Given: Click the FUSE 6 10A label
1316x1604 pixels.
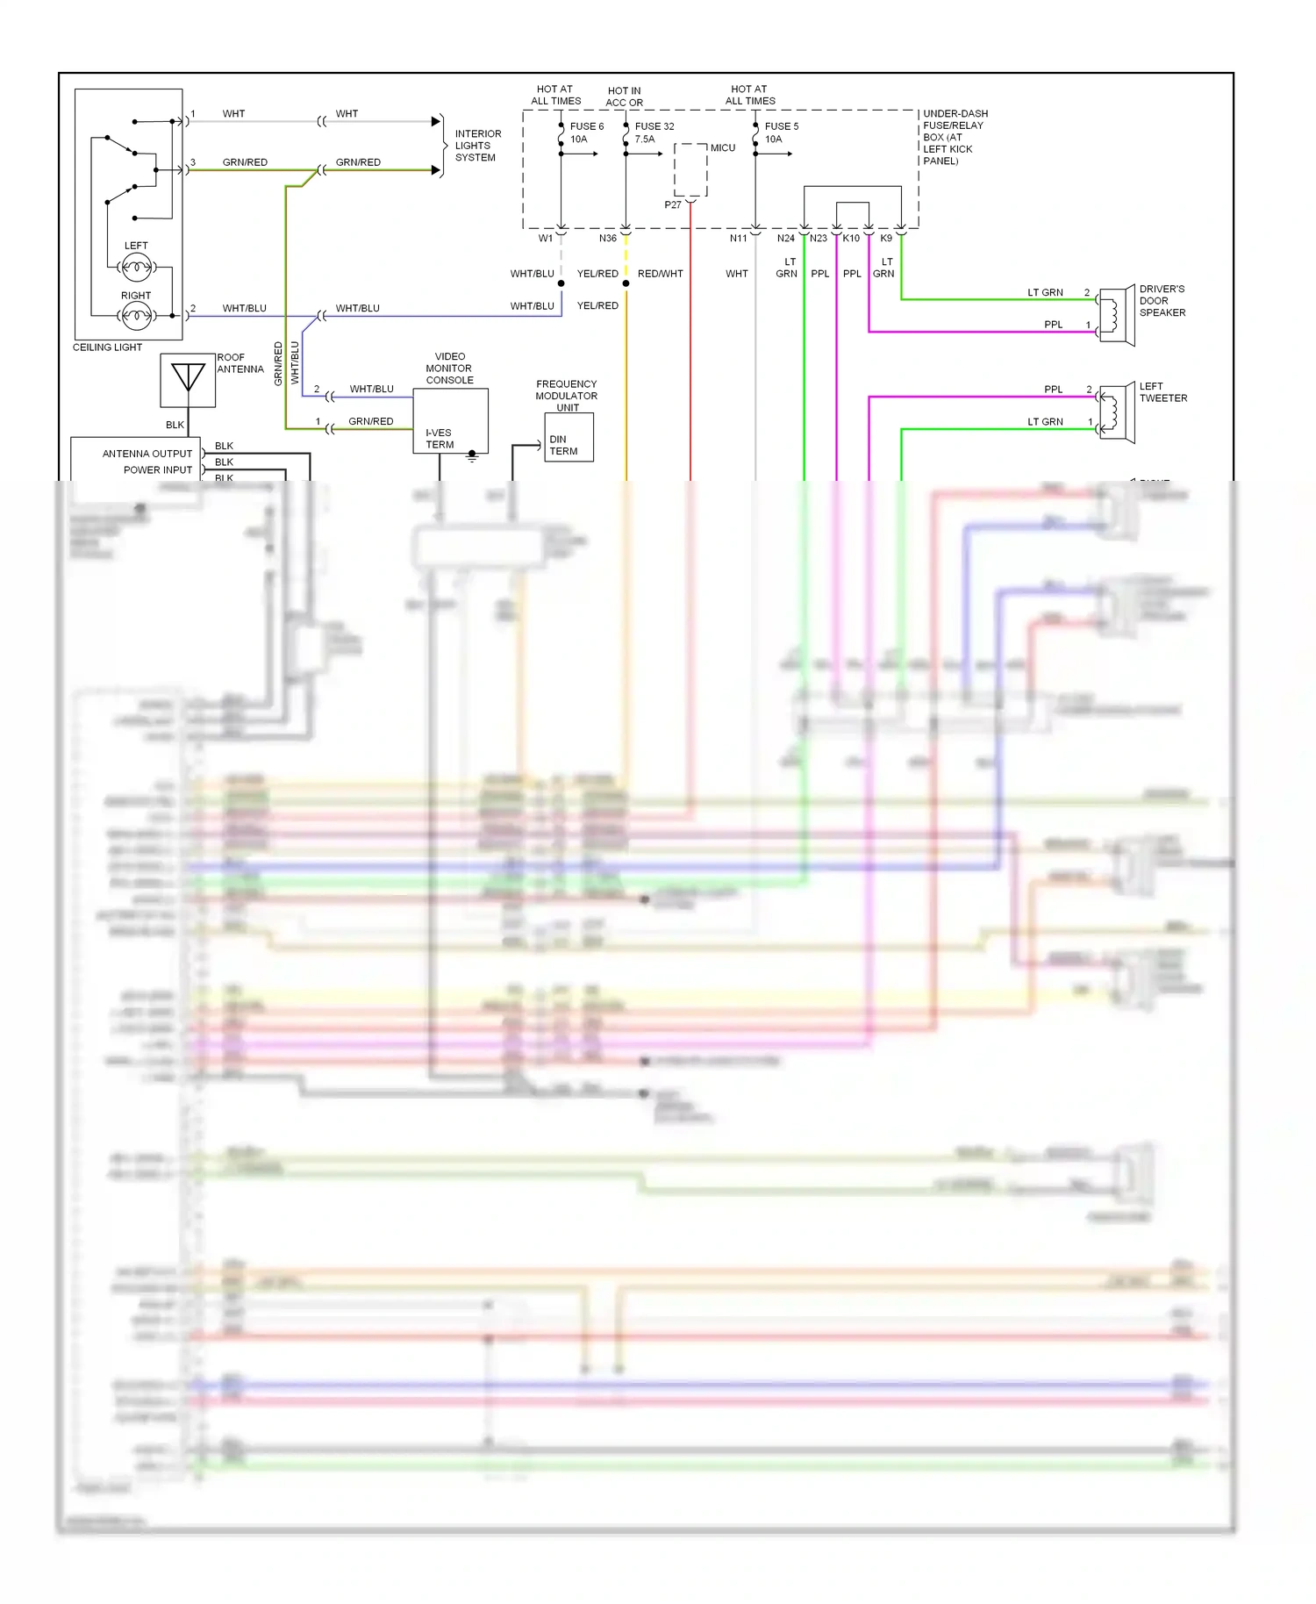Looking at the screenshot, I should [586, 132].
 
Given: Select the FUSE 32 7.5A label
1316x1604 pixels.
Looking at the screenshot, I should [654, 132].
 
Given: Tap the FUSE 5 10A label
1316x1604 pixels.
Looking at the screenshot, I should [781, 132].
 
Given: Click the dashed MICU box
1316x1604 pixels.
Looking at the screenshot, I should [690, 170].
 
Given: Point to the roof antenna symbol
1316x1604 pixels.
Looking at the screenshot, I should [188, 380].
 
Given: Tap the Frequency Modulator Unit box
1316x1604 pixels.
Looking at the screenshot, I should [569, 436].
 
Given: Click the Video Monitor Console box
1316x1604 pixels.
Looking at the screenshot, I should [450, 420].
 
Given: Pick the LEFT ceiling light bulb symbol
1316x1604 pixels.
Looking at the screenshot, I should [136, 266].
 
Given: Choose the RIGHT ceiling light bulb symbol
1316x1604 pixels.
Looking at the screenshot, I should [136, 315].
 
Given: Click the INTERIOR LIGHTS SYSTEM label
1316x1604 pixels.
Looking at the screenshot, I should [477, 146].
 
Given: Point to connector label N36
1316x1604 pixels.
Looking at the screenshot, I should [608, 239].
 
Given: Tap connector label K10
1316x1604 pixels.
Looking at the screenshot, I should [851, 239].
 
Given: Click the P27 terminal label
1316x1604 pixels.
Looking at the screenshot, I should [672, 205].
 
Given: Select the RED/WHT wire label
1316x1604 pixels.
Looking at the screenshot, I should [660, 274].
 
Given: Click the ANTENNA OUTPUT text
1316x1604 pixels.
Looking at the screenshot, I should [147, 454].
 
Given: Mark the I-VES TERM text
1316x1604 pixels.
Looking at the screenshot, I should [439, 439].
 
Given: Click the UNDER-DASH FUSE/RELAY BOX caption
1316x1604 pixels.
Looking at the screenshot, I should [954, 137].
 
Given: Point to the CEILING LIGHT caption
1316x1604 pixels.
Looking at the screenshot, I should [107, 347].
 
